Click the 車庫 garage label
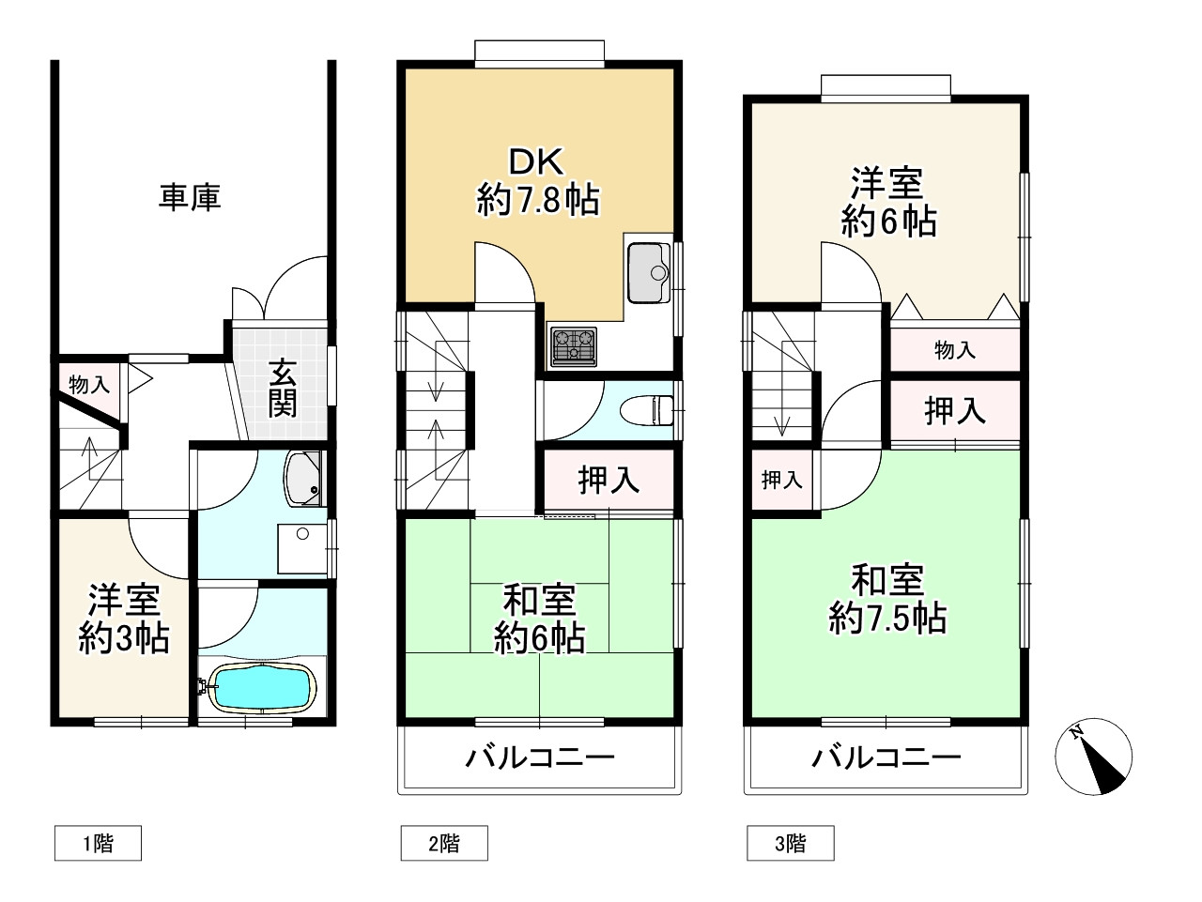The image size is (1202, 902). [190, 198]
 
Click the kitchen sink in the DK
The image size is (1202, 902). [647, 272]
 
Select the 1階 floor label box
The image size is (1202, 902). [98, 843]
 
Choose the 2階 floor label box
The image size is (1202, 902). [444, 843]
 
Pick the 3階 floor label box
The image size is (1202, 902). [790, 843]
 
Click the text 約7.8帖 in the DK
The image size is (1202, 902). [537, 200]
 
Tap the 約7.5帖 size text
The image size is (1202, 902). [886, 619]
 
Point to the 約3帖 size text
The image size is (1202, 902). [123, 639]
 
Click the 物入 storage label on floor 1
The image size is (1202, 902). [89, 384]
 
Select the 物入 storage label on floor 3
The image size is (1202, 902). [954, 351]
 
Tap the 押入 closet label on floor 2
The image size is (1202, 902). [609, 480]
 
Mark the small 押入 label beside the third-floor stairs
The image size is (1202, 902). [781, 481]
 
